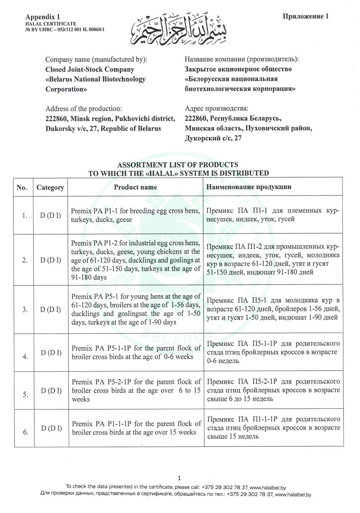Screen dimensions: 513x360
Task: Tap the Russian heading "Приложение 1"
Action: (x=306, y=17)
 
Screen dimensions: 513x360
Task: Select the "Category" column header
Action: (x=50, y=187)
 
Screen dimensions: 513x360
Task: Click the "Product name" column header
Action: (x=135, y=187)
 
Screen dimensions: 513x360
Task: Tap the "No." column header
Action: (x=22, y=187)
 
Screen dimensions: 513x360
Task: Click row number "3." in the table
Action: (x=25, y=310)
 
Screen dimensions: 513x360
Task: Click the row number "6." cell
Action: (x=25, y=432)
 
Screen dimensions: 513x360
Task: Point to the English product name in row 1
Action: (x=136, y=215)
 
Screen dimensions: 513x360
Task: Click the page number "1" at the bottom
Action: (x=179, y=478)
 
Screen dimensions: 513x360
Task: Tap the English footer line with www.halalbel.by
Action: (x=180, y=486)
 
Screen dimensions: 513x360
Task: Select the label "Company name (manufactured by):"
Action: (x=96, y=59)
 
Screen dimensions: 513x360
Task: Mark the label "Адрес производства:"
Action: (x=216, y=109)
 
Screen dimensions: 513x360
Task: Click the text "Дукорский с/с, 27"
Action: (x=213, y=139)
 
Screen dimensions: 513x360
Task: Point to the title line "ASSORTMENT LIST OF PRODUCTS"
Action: (x=178, y=165)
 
